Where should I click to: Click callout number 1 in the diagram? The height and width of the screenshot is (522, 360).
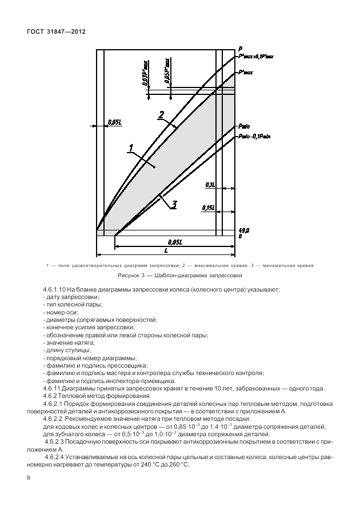coord(131,148)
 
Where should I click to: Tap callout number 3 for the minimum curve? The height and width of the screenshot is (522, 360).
coord(175,204)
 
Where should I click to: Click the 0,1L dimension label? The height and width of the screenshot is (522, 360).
coord(209,185)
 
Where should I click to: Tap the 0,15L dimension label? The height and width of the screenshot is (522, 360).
coord(208,209)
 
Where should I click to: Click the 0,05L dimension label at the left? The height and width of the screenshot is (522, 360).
coord(114,122)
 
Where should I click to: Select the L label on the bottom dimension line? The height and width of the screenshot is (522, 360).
coord(166,250)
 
